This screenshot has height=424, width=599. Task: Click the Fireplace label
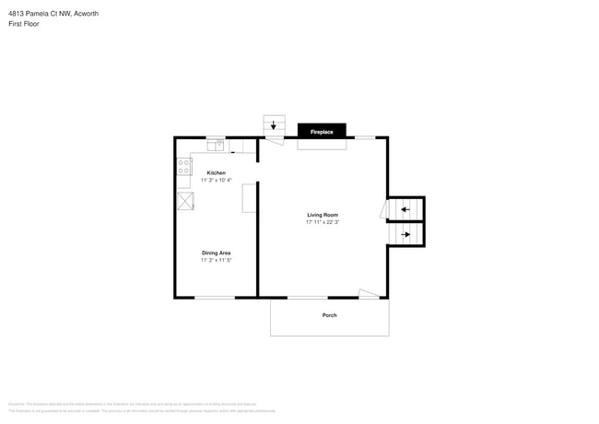coord(322,133)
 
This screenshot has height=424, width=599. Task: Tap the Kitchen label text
coord(216,172)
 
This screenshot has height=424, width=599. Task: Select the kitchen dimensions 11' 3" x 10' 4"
coord(216,180)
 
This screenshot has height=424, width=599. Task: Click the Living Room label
coord(323,215)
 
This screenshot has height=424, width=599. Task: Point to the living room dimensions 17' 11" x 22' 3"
coord(323,222)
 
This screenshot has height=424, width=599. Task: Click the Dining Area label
coord(216,253)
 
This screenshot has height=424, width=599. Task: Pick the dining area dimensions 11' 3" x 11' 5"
coord(216,260)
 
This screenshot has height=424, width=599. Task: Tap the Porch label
coord(329,315)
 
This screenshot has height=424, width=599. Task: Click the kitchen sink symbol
coord(215,145)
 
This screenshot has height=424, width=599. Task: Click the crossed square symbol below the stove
coord(185,201)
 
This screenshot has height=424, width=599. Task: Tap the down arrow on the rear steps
coord(273,125)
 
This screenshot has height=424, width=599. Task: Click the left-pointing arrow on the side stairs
coord(405,210)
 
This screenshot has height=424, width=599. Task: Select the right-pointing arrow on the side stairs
coord(405,235)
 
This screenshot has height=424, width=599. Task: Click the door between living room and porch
coord(368,294)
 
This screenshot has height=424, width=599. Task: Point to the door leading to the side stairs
coord(384,210)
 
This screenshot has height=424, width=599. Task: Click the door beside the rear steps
coord(273,140)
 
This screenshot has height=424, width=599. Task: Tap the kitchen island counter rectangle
coord(249,198)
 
